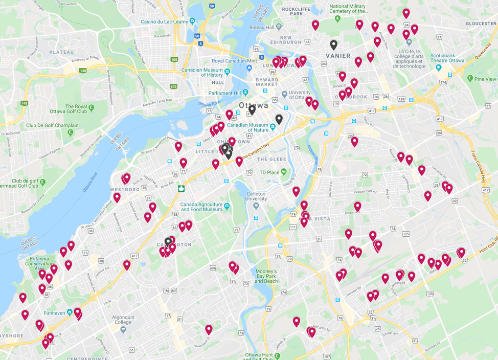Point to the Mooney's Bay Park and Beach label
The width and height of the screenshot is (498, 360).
(266, 276)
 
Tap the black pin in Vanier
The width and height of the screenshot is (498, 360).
(333, 44)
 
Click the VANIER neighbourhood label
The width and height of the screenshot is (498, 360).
(338, 56)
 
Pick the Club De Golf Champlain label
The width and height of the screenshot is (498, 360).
(53, 125)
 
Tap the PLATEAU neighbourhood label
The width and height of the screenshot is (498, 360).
(61, 52)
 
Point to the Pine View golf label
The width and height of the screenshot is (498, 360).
(485, 79)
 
